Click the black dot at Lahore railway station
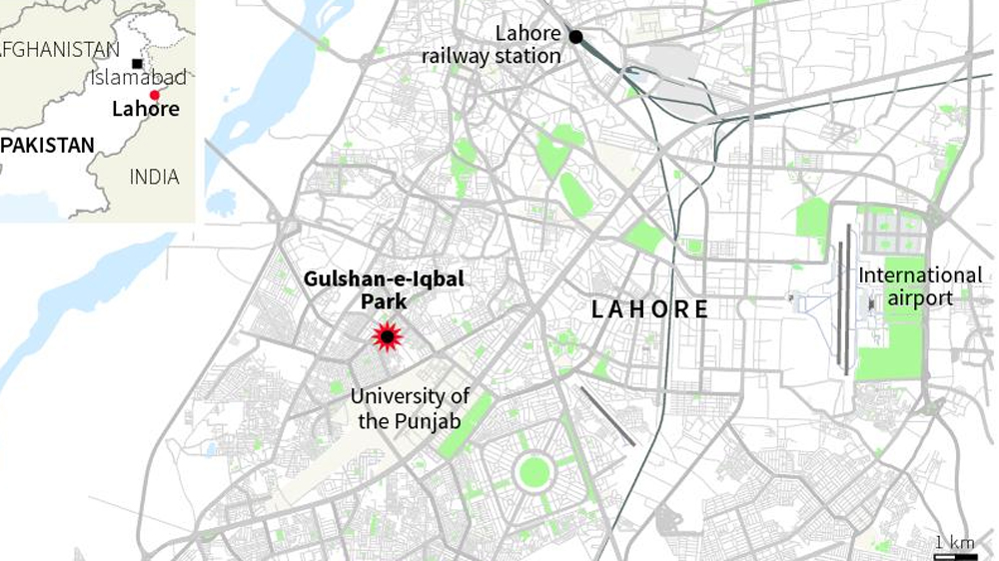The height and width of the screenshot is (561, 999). coord(576,37)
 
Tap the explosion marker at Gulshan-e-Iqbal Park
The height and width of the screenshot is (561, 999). coord(388,337)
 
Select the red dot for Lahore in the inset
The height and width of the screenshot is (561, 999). coord(154,95)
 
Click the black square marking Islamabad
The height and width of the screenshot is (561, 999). coord(137,63)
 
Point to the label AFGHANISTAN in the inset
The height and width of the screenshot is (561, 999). coord(59,49)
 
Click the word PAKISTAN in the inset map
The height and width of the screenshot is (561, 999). coord(47,146)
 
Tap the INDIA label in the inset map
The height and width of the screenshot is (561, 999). coord(154,177)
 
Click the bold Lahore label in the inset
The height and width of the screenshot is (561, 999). coord(145,109)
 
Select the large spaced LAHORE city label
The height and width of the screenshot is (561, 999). coord(649,309)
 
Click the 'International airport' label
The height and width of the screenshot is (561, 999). coord(920,285)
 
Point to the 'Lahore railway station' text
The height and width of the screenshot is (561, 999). coord(491,46)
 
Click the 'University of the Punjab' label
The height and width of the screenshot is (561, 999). coord(410,409)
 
